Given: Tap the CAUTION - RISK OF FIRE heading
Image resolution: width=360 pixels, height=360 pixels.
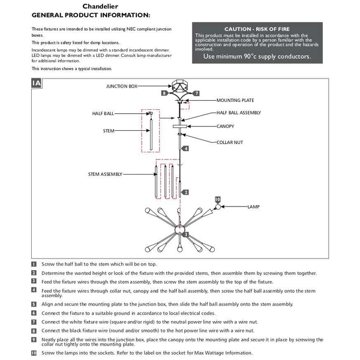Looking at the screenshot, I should point(254,29).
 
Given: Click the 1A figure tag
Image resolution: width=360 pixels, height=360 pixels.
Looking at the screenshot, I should point(37,83).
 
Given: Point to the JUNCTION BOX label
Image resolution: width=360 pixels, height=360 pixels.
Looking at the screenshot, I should point(122,86).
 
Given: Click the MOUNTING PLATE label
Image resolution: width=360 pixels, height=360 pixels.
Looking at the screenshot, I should point(235,101).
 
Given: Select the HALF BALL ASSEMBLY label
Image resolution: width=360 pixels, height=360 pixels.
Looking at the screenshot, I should point(239,113).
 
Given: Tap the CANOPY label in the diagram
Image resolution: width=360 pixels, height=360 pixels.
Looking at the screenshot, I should point(225,127).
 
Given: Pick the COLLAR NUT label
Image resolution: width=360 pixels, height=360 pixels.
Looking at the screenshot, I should point(229,142).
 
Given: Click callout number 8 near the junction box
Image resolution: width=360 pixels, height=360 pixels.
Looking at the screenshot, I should point(164,94).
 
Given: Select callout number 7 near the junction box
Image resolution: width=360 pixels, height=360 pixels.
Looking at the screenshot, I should point(196,94).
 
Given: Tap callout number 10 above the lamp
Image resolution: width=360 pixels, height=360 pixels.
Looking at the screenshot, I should point(217,199).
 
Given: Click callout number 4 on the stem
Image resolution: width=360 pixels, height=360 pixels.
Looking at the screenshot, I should point(186,148).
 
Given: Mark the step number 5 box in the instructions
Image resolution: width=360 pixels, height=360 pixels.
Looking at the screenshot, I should point(34,304).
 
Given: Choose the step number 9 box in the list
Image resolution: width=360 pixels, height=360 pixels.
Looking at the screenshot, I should point(34,339).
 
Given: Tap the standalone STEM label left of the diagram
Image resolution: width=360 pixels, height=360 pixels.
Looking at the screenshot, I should point(109,130).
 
